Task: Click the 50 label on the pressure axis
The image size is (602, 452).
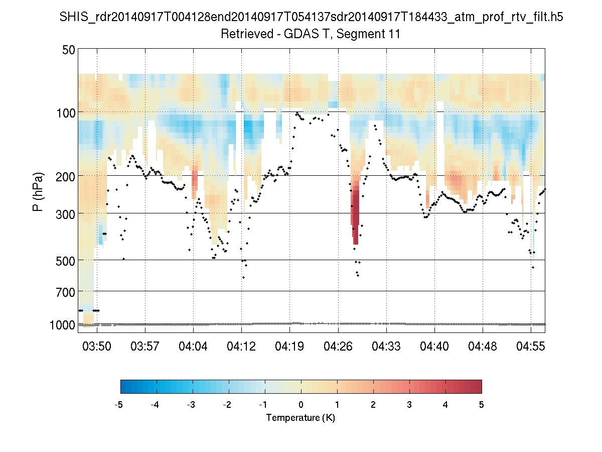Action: click(x=69, y=50)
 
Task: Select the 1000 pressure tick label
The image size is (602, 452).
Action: click(x=63, y=325)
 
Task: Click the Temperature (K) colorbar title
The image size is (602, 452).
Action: click(x=300, y=418)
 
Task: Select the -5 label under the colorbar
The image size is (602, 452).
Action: click(x=119, y=405)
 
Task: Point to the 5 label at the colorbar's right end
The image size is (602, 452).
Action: click(x=481, y=405)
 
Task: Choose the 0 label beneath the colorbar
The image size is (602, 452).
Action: click(x=300, y=405)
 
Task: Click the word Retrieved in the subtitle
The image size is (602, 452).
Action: click(x=243, y=35)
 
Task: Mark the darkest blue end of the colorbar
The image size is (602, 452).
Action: click(x=123, y=386)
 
